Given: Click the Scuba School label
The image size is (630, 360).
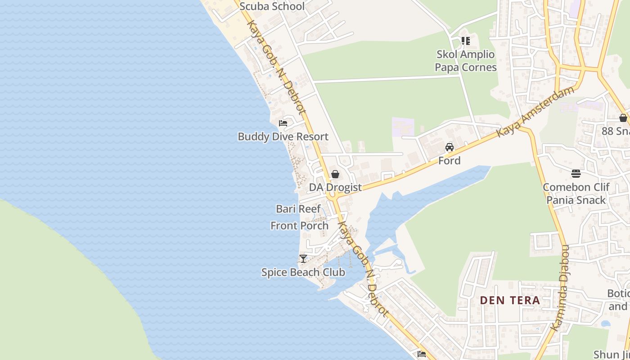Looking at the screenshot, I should [272, 6].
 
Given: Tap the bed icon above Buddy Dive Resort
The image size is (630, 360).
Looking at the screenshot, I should [283, 123].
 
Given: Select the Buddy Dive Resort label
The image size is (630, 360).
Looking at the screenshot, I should [283, 136].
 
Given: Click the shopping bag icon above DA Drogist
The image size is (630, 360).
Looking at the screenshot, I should [335, 174].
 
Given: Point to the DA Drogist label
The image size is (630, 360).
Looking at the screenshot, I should [335, 187].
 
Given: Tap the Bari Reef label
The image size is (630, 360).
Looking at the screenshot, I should [298, 209].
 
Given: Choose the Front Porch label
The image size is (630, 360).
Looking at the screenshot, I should [299, 225].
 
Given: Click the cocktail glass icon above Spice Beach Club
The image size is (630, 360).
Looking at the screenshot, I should [303, 259].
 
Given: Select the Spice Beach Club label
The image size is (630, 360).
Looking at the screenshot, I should [303, 272].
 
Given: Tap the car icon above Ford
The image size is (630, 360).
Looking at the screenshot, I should [450, 147].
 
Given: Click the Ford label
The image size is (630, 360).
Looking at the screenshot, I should [450, 161].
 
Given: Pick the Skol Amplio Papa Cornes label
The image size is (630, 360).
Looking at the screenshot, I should [466, 61].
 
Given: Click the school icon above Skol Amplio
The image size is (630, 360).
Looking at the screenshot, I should [466, 41].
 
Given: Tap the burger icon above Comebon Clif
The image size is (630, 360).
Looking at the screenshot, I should [576, 174].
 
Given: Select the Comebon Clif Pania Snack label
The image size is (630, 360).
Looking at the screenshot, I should [576, 193].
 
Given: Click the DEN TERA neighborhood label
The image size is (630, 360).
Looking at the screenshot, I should [510, 300].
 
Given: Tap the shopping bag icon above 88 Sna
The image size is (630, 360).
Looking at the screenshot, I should [623, 118].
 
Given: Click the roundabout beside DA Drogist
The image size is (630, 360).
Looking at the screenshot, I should [332, 197].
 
